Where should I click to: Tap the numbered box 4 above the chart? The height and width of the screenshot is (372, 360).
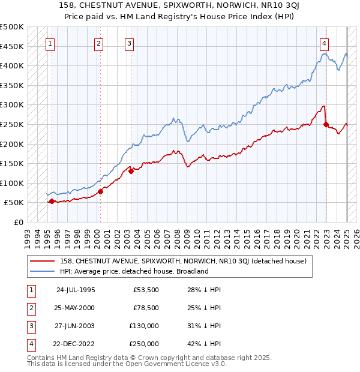point(324,43)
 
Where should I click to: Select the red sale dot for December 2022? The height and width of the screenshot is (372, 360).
point(326,125)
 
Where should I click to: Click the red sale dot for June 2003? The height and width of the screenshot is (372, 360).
point(131,172)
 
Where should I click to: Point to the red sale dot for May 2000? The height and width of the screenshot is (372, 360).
point(100,191)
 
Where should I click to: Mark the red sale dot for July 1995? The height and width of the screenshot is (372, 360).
point(52,201)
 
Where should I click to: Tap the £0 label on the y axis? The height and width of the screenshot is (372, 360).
point(17,223)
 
